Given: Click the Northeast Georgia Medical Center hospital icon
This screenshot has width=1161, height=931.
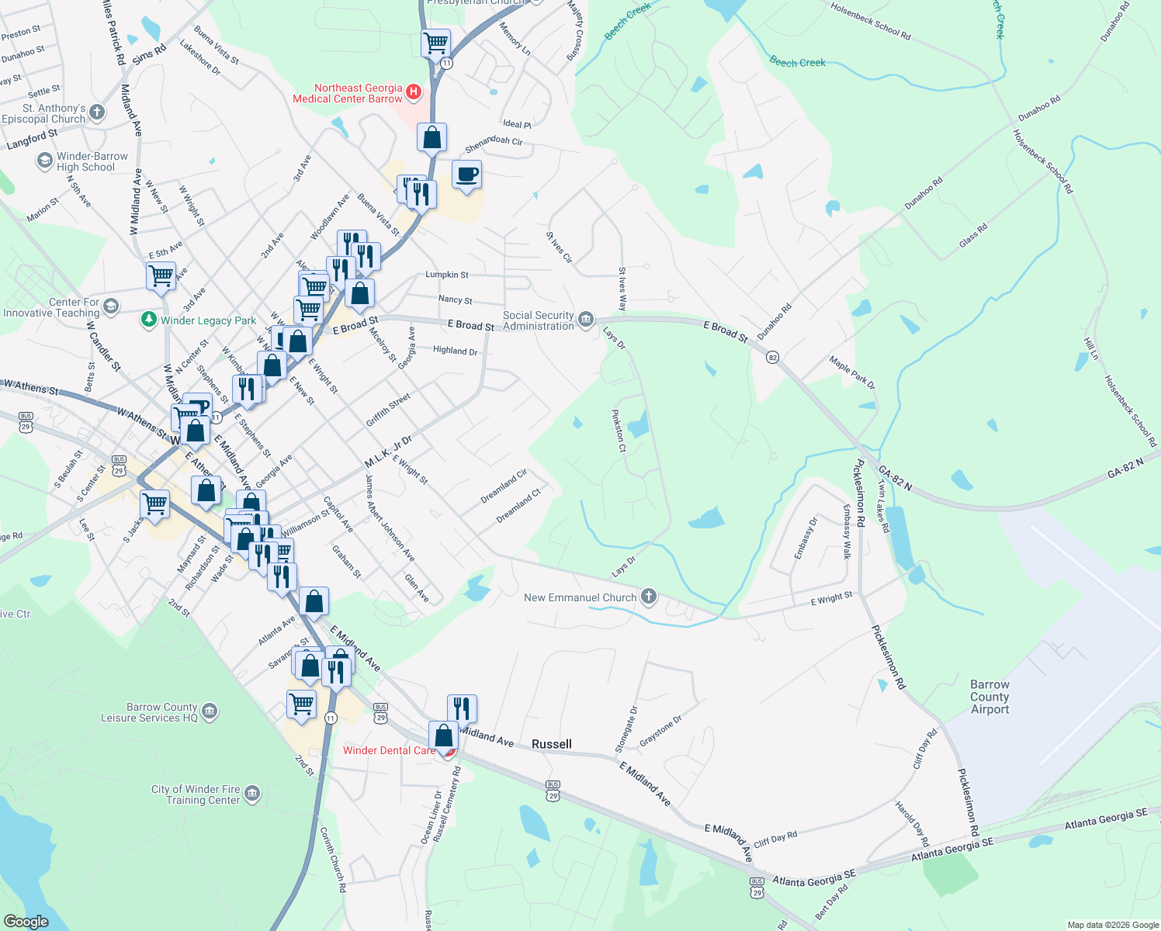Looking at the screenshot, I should click(414, 93).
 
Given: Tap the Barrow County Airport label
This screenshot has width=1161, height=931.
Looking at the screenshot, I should click(989, 697).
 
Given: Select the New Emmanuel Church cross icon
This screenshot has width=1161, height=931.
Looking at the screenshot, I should click(649, 597).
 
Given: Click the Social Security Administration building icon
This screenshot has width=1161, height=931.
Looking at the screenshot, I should click(586, 320).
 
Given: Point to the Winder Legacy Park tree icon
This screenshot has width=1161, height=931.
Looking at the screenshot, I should click(148, 320).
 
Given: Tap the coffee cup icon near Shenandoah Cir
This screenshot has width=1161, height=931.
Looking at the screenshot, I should click(466, 175).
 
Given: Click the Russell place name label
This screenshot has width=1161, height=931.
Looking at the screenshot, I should click(552, 744).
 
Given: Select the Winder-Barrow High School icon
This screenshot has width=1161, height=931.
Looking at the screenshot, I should click(44, 161).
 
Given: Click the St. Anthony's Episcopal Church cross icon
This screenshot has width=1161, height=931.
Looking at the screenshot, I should click(97, 112).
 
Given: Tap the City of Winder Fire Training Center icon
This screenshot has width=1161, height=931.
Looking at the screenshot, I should click(252, 794).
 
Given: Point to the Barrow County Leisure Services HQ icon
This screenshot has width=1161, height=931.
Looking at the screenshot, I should click(210, 711).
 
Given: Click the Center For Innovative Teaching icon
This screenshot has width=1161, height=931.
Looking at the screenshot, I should click(111, 306).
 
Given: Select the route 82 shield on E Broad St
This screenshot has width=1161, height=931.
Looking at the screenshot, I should click(771, 358).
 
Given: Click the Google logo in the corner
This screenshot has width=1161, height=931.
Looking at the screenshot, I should click(26, 921).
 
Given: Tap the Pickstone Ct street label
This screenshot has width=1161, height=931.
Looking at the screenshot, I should click(619, 431).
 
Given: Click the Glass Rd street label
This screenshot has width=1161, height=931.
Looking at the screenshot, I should click(973, 235).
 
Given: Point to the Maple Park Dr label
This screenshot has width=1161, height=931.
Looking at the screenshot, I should click(851, 372).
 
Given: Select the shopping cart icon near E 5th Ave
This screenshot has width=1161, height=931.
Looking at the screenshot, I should click(161, 275).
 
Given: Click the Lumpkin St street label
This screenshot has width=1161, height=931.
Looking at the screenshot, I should click(447, 275).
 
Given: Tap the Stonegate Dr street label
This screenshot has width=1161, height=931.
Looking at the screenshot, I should click(626, 729).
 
